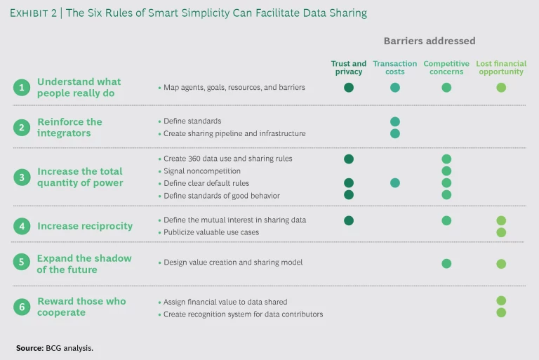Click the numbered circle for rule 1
click(22, 88)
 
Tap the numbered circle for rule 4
click(22, 226)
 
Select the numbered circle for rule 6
click(22, 307)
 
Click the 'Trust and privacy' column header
click(349, 67)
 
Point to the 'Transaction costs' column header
click(395, 67)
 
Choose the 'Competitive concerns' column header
click(446, 67)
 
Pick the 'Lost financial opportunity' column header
click(501, 67)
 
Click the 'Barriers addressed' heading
click(430, 41)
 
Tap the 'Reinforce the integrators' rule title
click(69, 127)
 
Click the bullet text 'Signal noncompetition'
click(202, 171)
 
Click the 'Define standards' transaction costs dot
click(395, 121)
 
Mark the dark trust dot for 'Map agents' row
click(349, 88)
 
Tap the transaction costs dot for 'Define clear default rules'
click(395, 183)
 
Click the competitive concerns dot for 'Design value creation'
click(446, 264)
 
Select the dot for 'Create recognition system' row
click(501, 312)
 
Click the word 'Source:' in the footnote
click(29, 347)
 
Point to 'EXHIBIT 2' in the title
click(36, 13)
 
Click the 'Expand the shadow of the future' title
click(84, 264)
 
